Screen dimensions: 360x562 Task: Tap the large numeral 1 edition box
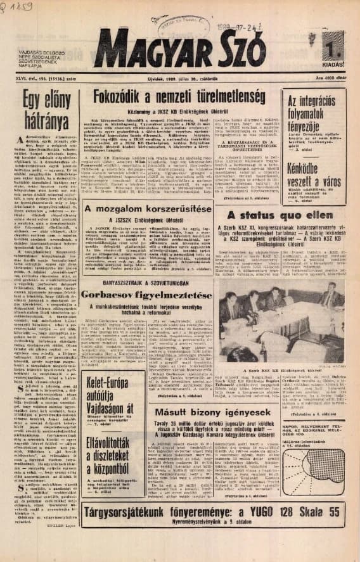pos(331,51)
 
